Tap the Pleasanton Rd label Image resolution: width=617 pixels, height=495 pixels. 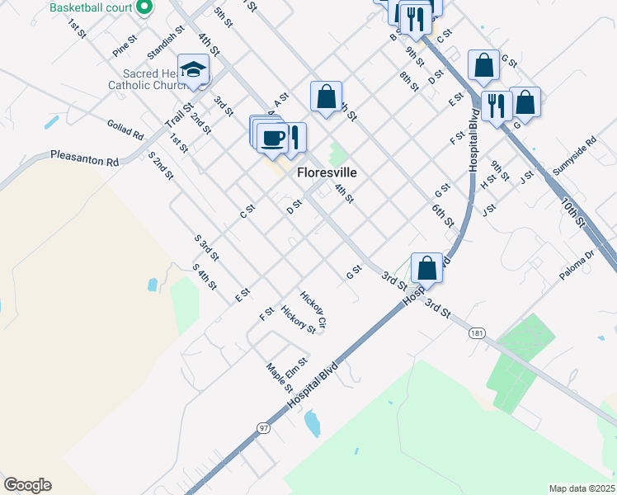click(85, 158)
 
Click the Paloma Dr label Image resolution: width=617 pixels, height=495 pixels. click(576, 266)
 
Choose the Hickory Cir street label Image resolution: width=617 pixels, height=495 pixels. click(313, 309)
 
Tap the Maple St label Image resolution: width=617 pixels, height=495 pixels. click(280, 377)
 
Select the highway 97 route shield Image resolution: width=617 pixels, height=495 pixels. click(263, 427)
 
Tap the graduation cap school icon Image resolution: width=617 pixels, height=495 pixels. click(194, 69)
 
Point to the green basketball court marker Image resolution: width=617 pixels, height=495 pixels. click(144, 7)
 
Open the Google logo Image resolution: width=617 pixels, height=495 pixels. click(27, 485)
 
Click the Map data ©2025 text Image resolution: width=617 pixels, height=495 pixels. click(581, 488)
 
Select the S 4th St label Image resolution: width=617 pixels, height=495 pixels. click(204, 277)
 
